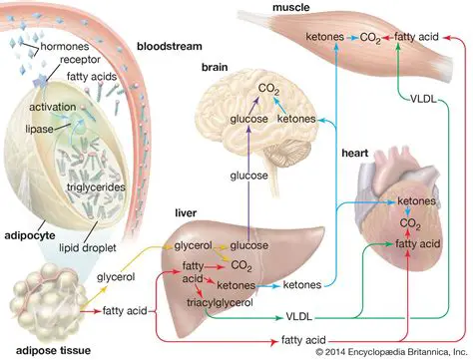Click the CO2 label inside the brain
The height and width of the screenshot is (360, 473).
click(x=267, y=89)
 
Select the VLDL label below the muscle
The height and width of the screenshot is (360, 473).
click(x=423, y=98)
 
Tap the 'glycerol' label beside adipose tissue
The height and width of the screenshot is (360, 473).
click(x=117, y=280)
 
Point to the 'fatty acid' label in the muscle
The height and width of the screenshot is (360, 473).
click(x=418, y=36)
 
